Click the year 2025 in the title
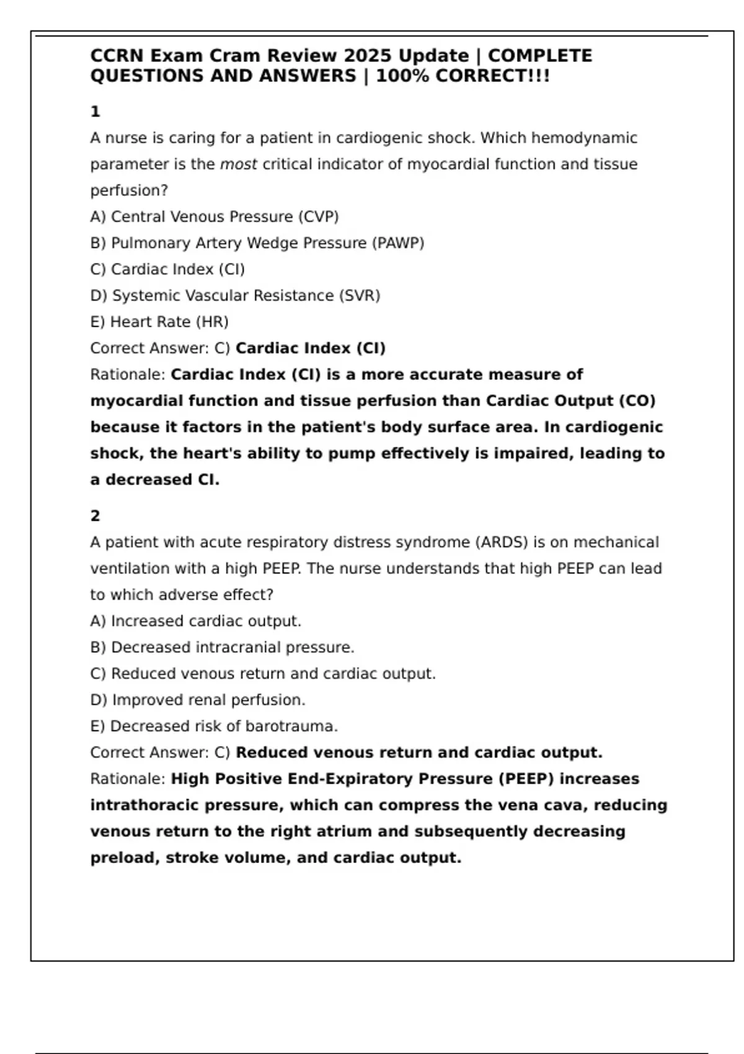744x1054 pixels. point(368,56)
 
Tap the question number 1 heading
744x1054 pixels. point(95,112)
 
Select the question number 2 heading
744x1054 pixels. point(95,516)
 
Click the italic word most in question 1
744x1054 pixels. point(238,164)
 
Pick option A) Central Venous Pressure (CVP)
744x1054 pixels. point(215,217)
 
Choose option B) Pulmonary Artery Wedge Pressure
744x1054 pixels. point(257,243)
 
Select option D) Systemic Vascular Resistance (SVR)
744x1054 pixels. point(235,296)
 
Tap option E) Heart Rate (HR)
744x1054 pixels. point(159,322)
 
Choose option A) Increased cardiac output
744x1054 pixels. point(196,621)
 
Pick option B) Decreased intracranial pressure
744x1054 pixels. point(222,647)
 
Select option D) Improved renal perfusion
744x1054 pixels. point(198,700)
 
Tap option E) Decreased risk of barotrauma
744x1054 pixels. point(214,726)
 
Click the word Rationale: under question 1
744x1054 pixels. point(128,374)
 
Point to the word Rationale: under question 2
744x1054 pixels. point(128,779)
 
